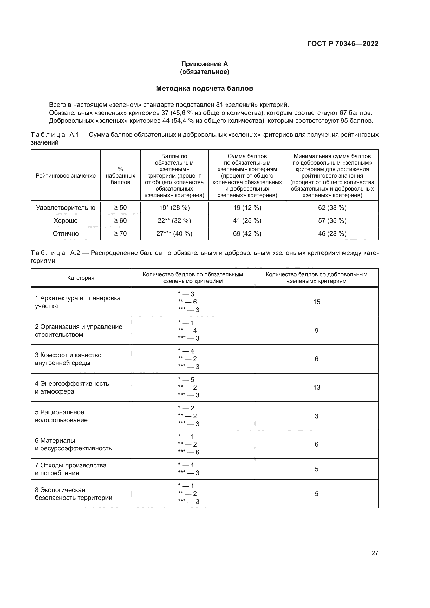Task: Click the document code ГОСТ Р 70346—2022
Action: coord(343,44)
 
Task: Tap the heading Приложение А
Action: coord(204,64)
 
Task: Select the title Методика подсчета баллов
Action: coord(204,88)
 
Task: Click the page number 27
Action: coord(375,553)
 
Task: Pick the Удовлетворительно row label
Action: coord(66,208)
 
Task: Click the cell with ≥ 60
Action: coord(120,221)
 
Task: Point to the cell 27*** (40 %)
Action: coord(174,234)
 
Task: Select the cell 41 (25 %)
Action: coord(247,221)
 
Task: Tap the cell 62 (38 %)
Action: coord(332,208)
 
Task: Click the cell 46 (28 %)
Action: coord(332,234)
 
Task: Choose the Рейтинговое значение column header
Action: coord(66,175)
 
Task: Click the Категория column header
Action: coord(81,278)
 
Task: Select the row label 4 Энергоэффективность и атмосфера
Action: coord(72,387)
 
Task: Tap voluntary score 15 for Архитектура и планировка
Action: coord(316,302)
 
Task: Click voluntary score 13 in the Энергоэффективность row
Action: coord(316,387)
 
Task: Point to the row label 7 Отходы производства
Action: coord(71,469)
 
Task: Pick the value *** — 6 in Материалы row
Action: coord(188,452)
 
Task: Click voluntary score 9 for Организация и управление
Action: coord(316,330)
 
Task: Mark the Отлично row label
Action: coord(66,234)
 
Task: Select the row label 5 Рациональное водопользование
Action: coord(61,416)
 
